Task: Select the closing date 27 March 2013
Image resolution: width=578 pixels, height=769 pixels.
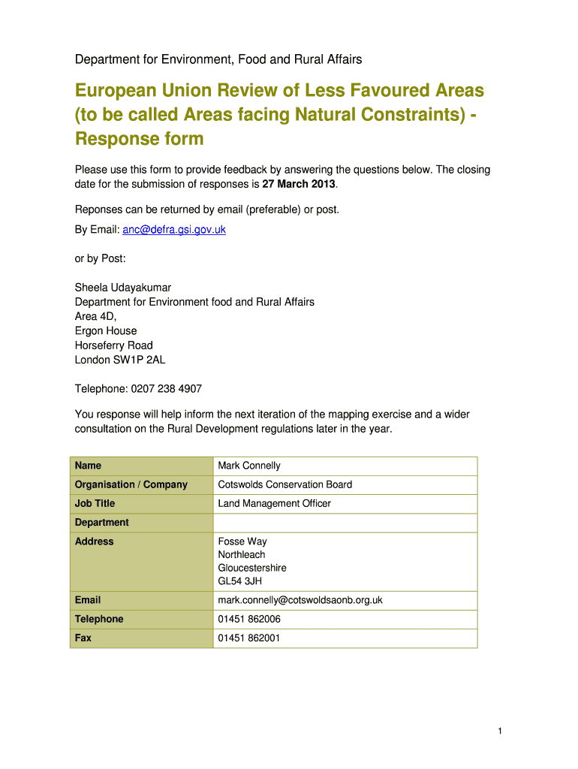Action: click(300, 184)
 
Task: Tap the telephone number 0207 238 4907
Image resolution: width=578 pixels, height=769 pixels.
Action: click(167, 389)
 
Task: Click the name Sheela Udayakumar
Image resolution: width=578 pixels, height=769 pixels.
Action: click(123, 288)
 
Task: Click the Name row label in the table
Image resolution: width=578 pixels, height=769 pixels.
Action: click(89, 466)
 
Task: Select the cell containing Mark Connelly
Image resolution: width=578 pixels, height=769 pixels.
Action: click(249, 466)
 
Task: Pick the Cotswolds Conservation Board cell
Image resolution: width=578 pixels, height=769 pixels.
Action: click(284, 484)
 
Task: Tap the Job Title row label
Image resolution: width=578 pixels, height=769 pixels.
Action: click(95, 504)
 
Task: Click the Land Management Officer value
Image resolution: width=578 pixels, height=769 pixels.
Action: click(274, 504)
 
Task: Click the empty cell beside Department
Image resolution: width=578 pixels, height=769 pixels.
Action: click(345, 523)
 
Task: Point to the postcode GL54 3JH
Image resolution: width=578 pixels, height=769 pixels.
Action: click(240, 581)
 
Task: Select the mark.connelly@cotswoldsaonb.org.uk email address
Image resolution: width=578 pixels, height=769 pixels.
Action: click(300, 600)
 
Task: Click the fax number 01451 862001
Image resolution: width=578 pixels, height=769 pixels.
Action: click(249, 638)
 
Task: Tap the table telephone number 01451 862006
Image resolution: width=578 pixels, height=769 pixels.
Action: click(249, 620)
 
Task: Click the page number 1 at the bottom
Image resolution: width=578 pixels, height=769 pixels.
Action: click(499, 731)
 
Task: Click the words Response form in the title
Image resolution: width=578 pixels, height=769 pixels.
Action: click(139, 139)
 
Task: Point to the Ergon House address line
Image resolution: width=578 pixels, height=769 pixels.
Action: click(106, 331)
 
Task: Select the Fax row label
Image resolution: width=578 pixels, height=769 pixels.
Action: click(83, 638)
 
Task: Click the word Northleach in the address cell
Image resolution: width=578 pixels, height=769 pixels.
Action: click(242, 555)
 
